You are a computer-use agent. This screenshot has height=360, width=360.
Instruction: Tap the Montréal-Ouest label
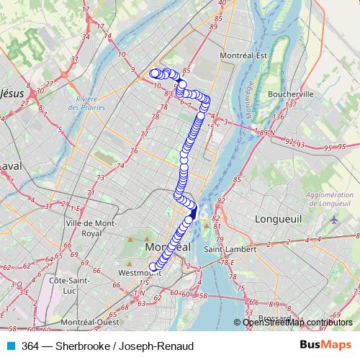pyautogui.click(x=91, y=322)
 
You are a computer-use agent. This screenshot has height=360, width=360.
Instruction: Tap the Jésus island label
pyautogui.click(x=12, y=93)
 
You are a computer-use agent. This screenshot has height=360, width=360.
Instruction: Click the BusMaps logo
pyautogui.click(x=325, y=346)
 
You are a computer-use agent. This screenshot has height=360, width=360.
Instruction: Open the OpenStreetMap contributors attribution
pyautogui.click(x=297, y=323)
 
